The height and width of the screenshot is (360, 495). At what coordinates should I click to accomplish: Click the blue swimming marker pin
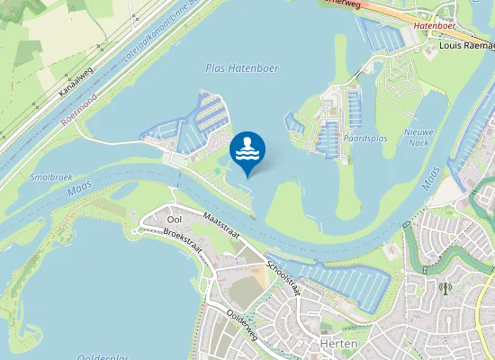tap(247, 150)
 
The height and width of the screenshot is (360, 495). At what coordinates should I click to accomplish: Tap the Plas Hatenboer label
tap(241, 68)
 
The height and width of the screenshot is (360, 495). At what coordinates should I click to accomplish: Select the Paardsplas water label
tap(364, 139)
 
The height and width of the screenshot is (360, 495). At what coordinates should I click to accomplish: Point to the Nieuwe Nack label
tap(419, 137)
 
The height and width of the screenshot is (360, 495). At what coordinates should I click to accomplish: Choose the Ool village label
tap(175, 220)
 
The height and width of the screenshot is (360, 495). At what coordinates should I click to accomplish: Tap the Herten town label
tap(339, 345)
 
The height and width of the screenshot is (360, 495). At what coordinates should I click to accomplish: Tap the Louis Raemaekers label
tap(467, 44)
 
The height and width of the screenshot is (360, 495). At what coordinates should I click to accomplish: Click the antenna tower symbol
tap(445, 289)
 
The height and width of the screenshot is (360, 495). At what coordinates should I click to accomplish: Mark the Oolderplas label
tap(103, 356)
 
